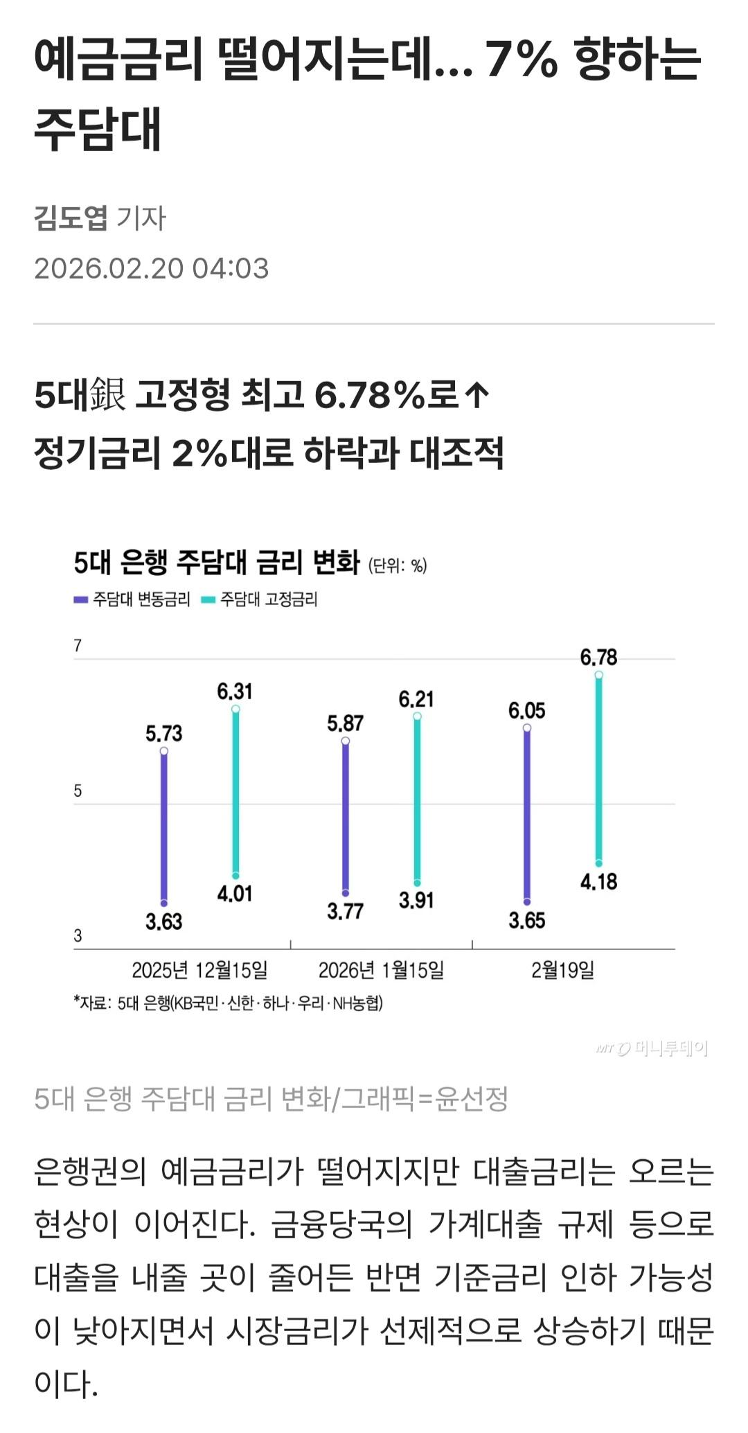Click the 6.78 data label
(x=598, y=657)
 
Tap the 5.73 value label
(x=163, y=733)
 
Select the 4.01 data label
(x=235, y=894)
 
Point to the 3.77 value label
(x=345, y=911)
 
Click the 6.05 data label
(x=526, y=711)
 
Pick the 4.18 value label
(x=598, y=882)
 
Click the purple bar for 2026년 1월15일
(x=346, y=818)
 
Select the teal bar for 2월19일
(x=598, y=769)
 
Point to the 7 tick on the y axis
(x=78, y=646)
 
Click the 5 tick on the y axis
(x=78, y=791)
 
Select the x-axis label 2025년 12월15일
(x=199, y=970)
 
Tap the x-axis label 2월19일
(x=562, y=970)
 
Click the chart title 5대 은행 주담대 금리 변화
(x=217, y=563)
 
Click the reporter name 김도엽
(x=71, y=218)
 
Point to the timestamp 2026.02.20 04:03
(x=152, y=269)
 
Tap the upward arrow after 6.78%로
(x=477, y=396)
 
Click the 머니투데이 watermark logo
(x=652, y=1049)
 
